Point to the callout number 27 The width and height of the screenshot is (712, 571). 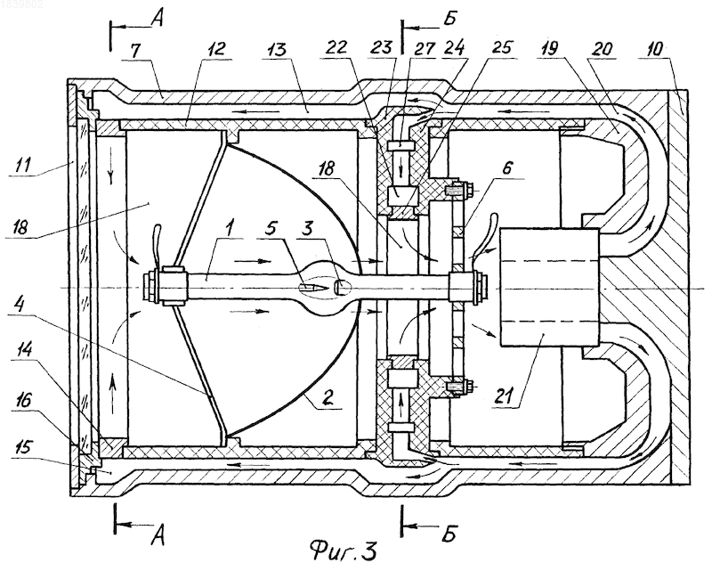coord(425,49)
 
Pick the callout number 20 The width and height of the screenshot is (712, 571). coord(602,49)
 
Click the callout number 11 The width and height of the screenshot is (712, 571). coord(23,165)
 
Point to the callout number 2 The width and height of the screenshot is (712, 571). coord(328,399)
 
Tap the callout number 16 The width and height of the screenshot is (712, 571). coord(23,401)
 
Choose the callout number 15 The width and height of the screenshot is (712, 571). coord(23,447)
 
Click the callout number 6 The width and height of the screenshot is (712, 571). coord(507,167)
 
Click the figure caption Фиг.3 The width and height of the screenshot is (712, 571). coord(344,551)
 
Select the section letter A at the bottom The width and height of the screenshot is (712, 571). coord(158,539)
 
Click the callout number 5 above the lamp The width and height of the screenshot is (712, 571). coord(271,229)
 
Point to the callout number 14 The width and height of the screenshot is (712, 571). coord(23,352)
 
